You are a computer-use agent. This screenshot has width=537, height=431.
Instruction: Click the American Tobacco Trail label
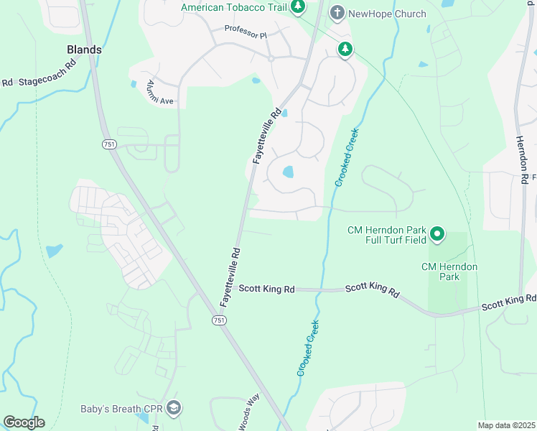[234, 7]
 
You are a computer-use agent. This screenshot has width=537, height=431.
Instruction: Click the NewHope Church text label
[388, 14]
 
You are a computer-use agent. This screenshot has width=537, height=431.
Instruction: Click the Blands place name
[84, 50]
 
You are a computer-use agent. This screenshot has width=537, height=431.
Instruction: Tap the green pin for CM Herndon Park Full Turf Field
[436, 234]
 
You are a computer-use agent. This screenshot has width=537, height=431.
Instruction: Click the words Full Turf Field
[387, 240]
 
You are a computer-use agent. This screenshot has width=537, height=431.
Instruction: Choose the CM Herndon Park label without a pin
[449, 272]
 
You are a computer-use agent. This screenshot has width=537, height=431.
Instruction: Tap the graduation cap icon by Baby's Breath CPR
[173, 409]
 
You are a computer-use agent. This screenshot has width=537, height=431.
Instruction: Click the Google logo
[24, 422]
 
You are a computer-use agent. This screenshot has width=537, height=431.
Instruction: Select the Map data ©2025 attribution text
[507, 426]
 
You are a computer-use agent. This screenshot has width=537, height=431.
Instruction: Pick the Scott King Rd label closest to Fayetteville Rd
[267, 289]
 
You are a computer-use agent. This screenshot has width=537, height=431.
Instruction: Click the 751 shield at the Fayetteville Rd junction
[219, 320]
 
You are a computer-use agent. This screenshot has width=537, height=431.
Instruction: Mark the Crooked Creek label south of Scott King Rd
[307, 348]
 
